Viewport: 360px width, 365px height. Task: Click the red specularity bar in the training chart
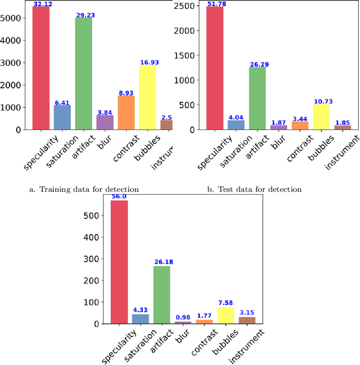(x=40, y=67)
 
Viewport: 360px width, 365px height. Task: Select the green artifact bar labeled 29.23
(x=84, y=74)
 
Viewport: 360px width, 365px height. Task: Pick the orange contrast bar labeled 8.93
(x=126, y=112)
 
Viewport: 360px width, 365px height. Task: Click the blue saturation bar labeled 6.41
(x=62, y=117)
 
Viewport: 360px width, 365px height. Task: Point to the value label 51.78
(x=214, y=4)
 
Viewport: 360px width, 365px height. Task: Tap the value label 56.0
(x=119, y=197)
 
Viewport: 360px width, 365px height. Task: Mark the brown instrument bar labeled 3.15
(x=247, y=320)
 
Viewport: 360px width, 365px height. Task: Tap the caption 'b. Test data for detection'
(x=254, y=190)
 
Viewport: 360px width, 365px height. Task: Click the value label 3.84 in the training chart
(x=105, y=112)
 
